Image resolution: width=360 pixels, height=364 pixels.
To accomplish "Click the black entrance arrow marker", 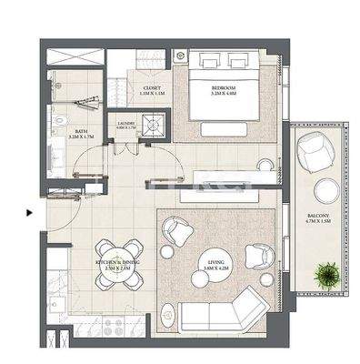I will click(30, 214).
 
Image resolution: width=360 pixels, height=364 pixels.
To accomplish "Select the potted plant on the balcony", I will click(325, 272).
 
